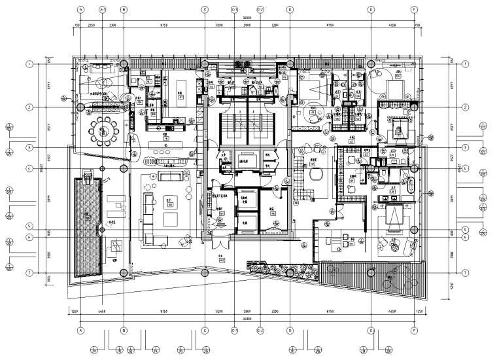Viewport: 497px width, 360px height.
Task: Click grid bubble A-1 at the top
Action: pos(102,10)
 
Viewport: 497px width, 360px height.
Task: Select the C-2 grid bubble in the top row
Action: pos(260,10)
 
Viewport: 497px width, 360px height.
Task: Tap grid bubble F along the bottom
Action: pos(413,331)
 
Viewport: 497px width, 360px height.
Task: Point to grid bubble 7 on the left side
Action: pos(29,272)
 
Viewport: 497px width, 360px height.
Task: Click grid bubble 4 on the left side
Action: pos(29,168)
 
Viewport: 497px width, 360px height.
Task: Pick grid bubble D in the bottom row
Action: pos(290,331)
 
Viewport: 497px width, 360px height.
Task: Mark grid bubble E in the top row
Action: pos(370,10)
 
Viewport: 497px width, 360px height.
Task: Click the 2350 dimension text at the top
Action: pos(92,24)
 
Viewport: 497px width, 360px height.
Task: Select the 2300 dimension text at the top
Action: pos(112,24)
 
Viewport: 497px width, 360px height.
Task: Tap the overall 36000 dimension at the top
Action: pos(247,18)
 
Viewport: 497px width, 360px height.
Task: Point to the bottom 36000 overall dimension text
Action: pos(247,319)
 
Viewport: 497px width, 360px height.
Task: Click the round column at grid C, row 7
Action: pos(205,272)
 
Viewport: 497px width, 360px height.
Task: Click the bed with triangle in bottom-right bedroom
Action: pos(394,216)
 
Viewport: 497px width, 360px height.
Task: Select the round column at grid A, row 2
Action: pos(80,107)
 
